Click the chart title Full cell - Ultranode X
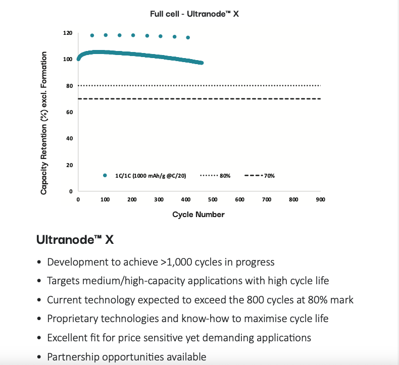pos(194,14)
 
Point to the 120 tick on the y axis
pos(68,33)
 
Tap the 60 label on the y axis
pos(70,112)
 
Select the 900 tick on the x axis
pos(320,199)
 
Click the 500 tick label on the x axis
pos(213,199)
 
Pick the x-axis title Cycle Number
pos(198,215)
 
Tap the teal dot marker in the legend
pos(105,175)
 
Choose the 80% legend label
pos(225,176)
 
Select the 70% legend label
pos(269,176)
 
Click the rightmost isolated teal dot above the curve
pos(188,37)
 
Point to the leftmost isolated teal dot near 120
pos(92,35)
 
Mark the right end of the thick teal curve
pos(202,63)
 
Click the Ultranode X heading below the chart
pos(75,240)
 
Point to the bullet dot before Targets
pos(39,281)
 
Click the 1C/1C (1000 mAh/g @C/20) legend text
pos(151,176)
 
